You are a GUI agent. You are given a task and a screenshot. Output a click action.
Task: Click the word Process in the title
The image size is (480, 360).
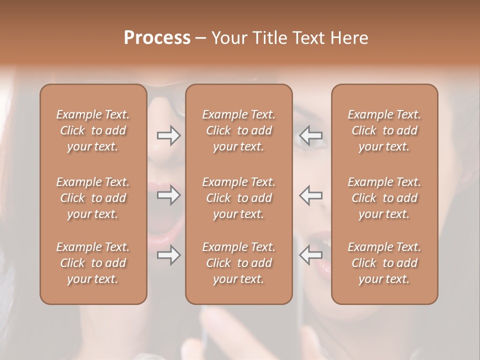(157, 38)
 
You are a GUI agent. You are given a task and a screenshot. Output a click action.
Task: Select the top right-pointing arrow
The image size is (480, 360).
(169, 135)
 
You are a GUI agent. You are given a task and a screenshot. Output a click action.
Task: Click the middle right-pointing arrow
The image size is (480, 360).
(169, 195)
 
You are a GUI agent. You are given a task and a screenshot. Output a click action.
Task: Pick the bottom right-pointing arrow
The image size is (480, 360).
(169, 255)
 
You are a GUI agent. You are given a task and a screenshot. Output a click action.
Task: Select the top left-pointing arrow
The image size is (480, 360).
(310, 135)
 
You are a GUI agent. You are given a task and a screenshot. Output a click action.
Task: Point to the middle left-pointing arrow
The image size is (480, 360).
(310, 195)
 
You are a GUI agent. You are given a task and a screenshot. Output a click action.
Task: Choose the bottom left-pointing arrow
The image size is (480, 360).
(310, 255)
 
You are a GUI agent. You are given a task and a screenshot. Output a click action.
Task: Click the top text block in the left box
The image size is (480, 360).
(93, 130)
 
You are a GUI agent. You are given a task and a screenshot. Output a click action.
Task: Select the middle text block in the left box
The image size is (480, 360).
(93, 198)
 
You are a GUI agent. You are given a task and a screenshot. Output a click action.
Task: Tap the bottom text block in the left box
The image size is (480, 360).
(93, 263)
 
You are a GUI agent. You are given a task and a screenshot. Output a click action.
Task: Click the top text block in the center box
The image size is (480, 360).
(238, 130)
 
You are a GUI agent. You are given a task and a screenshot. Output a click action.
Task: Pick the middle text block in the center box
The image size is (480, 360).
(238, 198)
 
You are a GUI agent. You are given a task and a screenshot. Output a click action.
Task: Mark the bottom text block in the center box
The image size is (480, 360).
(238, 263)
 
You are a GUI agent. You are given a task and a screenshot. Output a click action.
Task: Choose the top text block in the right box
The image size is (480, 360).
(384, 130)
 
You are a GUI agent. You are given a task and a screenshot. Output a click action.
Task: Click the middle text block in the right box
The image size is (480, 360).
(384, 198)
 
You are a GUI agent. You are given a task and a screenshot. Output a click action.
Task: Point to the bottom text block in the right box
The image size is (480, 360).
(384, 263)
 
